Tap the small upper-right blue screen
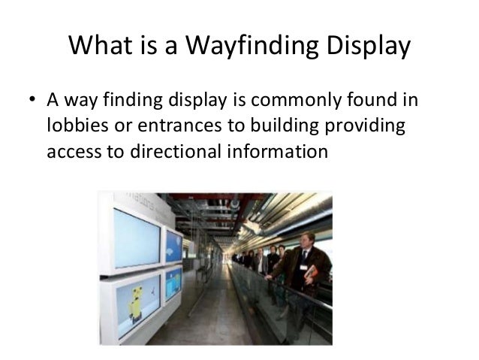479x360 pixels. [174, 246]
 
